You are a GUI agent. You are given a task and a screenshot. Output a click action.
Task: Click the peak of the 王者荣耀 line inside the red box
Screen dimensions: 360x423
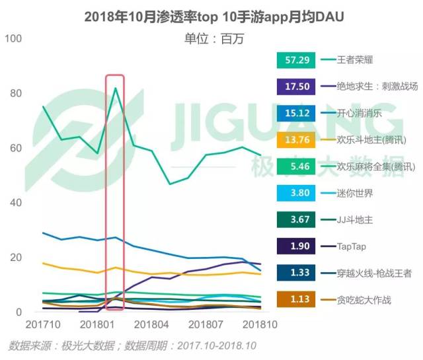coord(116,88)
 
